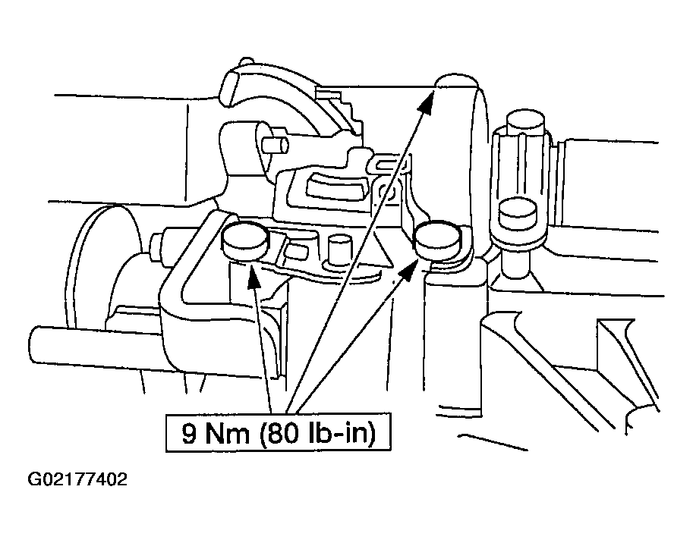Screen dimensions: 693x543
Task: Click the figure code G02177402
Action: point(77,479)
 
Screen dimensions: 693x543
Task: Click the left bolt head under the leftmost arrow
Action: point(245,240)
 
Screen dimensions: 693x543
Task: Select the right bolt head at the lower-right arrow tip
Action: point(437,240)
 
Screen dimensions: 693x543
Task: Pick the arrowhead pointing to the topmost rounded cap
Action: point(426,102)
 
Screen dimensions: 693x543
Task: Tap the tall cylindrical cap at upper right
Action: point(525,121)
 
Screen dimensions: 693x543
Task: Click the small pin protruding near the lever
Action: point(273,145)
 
